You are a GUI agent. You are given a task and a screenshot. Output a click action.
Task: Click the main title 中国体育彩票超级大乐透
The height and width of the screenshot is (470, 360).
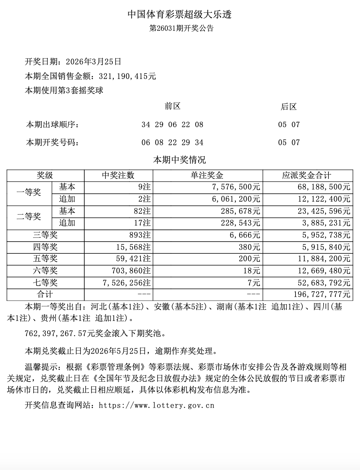[x=180, y=14]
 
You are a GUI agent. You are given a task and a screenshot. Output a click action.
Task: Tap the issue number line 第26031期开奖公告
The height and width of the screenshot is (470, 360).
[x=181, y=28]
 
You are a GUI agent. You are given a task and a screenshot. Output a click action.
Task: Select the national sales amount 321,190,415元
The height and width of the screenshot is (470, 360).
[x=127, y=76]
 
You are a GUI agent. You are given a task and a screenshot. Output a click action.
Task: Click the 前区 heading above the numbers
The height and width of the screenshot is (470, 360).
[x=172, y=106]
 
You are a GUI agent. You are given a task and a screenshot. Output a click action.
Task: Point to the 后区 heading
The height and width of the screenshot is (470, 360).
[x=289, y=107]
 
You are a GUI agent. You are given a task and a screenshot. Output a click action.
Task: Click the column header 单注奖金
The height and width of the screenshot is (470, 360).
[x=207, y=176]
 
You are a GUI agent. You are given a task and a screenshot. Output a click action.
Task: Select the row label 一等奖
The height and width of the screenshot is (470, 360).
[x=29, y=193]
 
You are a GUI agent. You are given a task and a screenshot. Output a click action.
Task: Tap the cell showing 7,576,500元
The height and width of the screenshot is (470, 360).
[x=236, y=187]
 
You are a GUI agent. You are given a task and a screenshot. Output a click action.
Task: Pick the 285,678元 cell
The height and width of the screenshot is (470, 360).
[x=240, y=211]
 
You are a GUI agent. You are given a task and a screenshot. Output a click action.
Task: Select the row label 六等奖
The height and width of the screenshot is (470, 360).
[x=45, y=271]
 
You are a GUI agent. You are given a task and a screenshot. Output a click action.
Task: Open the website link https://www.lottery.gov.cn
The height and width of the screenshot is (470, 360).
[x=156, y=405]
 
